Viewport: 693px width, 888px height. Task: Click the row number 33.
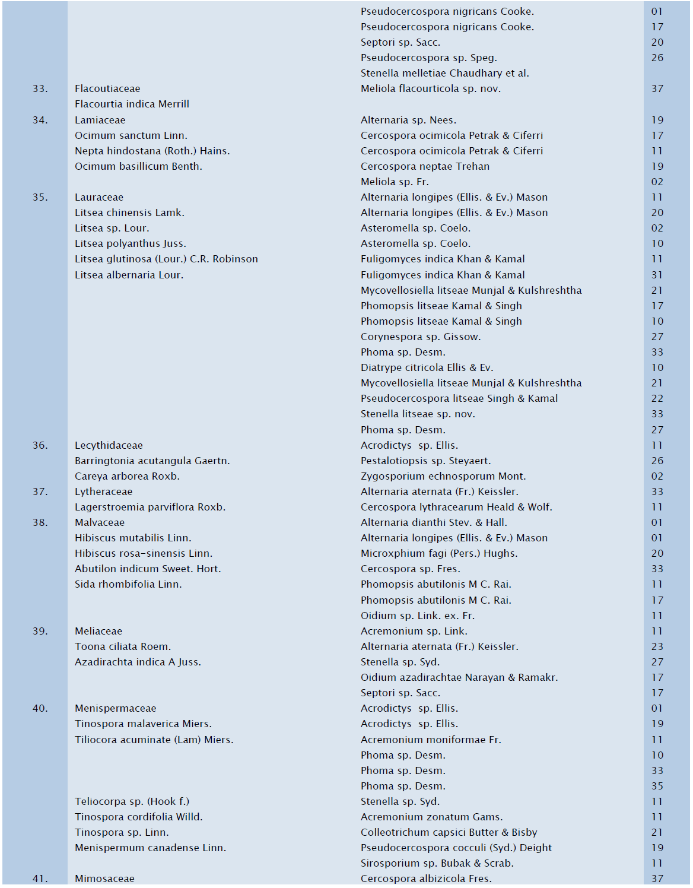pos(40,89)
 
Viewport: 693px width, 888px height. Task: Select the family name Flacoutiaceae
pos(107,89)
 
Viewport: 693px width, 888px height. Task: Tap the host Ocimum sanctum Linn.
pos(131,135)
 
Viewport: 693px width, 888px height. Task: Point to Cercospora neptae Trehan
pos(425,166)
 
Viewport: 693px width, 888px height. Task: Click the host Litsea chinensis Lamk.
pos(129,213)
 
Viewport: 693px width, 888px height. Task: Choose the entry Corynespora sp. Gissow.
pos(421,337)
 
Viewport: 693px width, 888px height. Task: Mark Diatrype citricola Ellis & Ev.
pos(427,367)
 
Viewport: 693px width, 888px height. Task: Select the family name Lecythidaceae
pos(109,445)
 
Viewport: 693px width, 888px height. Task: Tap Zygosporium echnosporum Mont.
pos(443,476)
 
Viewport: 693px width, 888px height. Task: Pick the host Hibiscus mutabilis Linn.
pos(133,538)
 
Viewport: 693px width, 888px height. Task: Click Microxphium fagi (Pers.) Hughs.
pos(439,553)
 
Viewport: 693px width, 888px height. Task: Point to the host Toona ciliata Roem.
pos(123,646)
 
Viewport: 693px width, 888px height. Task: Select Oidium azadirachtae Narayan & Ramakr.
pos(459,677)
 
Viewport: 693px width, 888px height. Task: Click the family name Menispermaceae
pos(115,708)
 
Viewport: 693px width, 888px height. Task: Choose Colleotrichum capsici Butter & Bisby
pos(449,832)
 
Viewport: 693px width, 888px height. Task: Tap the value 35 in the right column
pos(657,786)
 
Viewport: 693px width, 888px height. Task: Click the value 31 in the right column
pos(657,275)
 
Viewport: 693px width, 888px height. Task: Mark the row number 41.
pos(40,879)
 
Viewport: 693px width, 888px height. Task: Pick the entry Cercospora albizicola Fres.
pos(426,879)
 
